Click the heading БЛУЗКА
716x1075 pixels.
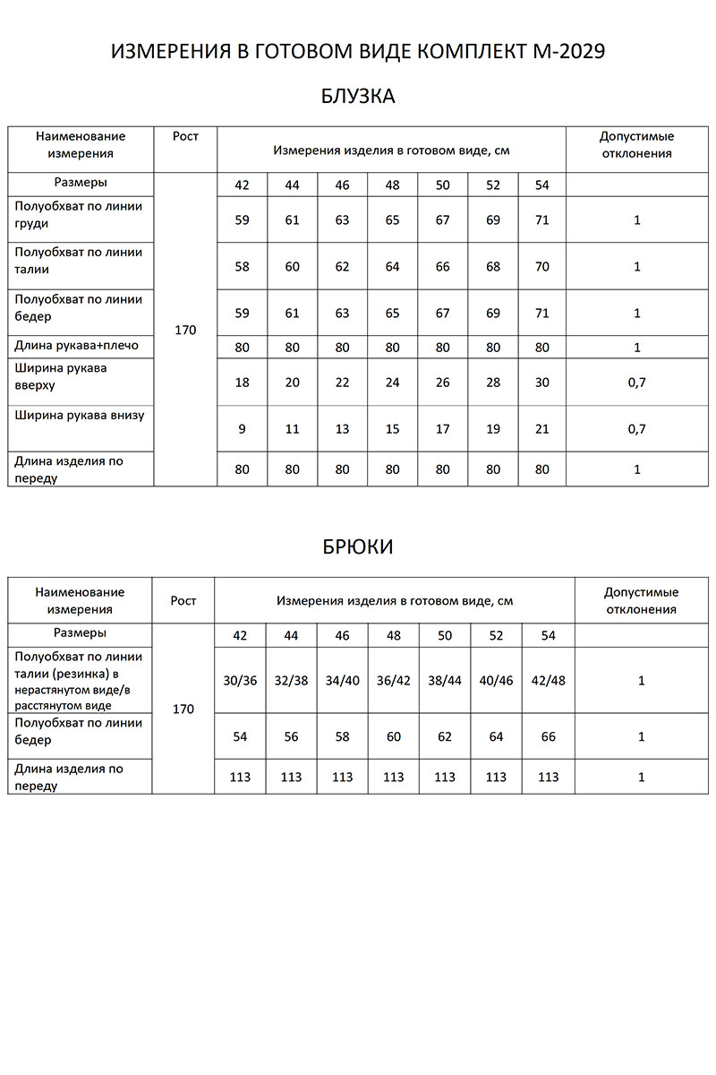357,97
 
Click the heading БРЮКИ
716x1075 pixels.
357,546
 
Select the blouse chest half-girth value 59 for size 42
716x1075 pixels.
242,220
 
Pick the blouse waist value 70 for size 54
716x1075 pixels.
541,267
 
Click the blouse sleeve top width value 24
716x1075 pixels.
392,383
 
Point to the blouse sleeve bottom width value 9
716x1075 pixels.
242,429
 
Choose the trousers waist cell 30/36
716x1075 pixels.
240,680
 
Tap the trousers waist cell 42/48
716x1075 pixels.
548,680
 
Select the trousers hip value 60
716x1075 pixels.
394,737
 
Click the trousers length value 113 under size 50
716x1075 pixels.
445,778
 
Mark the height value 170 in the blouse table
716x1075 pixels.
185,330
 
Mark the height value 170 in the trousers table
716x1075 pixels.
183,709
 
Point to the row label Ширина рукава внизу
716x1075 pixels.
79,416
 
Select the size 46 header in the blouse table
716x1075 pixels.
342,185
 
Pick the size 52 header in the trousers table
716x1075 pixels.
497,636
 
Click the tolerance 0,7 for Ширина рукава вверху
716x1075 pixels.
637,383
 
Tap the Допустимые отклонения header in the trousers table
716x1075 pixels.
641,601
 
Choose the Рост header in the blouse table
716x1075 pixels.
185,136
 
